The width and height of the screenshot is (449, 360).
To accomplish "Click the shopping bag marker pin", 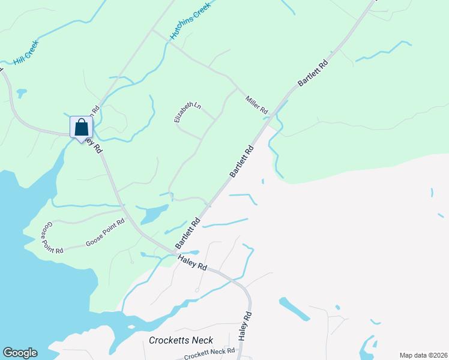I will pyautogui.click(x=81, y=128).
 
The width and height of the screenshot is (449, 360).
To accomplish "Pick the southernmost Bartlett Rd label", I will pyautogui.click(x=187, y=234).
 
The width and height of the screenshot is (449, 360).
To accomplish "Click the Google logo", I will pyautogui.click(x=20, y=353).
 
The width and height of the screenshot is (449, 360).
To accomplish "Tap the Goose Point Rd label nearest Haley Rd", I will pyautogui.click(x=105, y=232).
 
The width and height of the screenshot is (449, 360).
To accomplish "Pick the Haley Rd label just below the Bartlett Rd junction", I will pyautogui.click(x=192, y=262).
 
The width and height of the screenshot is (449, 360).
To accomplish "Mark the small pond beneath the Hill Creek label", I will pyautogui.click(x=22, y=93).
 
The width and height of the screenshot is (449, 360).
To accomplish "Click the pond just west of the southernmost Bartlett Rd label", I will pyautogui.click(x=155, y=213).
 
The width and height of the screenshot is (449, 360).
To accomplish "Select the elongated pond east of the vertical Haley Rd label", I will pyautogui.click(x=294, y=309).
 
